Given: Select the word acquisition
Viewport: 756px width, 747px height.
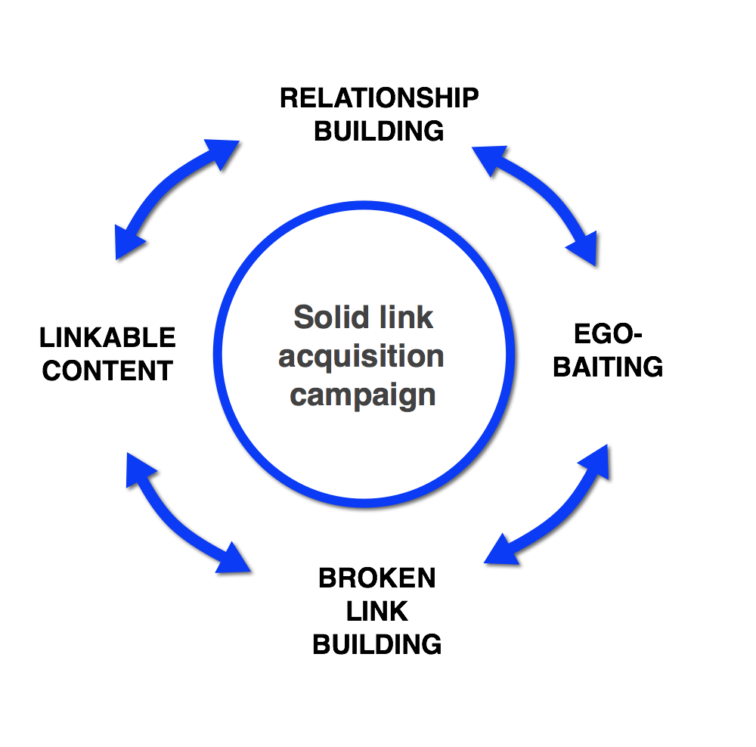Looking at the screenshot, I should pyautogui.click(x=361, y=356).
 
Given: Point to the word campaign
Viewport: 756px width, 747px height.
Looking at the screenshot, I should pyautogui.click(x=363, y=395).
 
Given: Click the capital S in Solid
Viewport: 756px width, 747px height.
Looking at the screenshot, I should pyautogui.click(x=303, y=317).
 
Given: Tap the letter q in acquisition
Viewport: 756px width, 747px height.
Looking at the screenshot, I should pyautogui.click(x=330, y=358).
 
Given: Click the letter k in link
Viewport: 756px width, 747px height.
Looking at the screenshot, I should pyautogui.click(x=426, y=317).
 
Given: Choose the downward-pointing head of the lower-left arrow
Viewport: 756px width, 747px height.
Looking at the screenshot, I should pyautogui.click(x=233, y=559).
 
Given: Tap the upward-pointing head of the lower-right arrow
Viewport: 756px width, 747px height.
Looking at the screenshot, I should pyautogui.click(x=596, y=460).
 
